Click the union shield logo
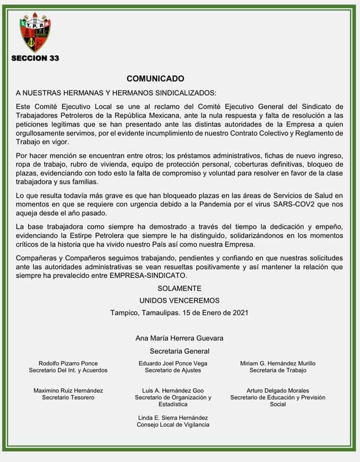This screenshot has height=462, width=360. tap(35, 35)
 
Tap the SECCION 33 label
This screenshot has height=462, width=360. tap(35, 58)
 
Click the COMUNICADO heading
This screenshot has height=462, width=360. tap(155, 78)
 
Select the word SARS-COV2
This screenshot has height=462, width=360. tap(277, 205)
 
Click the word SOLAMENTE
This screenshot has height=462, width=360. tap(180, 288)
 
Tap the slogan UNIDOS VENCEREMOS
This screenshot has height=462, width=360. tap(180, 300)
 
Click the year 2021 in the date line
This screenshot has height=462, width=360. tap(240, 312)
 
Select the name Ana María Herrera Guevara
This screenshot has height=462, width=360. tap(180, 338)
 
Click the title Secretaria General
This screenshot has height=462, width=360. tap(180, 351)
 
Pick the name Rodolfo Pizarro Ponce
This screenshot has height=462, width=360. tap(68, 363)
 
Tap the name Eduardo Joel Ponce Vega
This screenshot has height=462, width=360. tap(173, 363)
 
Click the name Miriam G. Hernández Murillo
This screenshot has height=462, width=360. tap(278, 363)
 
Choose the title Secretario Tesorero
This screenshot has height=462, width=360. tap(68, 398)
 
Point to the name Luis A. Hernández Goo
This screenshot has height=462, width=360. tap(173, 391)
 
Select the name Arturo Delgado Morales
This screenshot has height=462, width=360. tap(278, 391)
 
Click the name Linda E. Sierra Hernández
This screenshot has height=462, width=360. tap(173, 418)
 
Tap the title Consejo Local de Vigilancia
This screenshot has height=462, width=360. tap(173, 425)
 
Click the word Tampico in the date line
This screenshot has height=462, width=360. tap(124, 312)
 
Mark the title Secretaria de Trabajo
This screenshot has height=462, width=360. tap(278, 371)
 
